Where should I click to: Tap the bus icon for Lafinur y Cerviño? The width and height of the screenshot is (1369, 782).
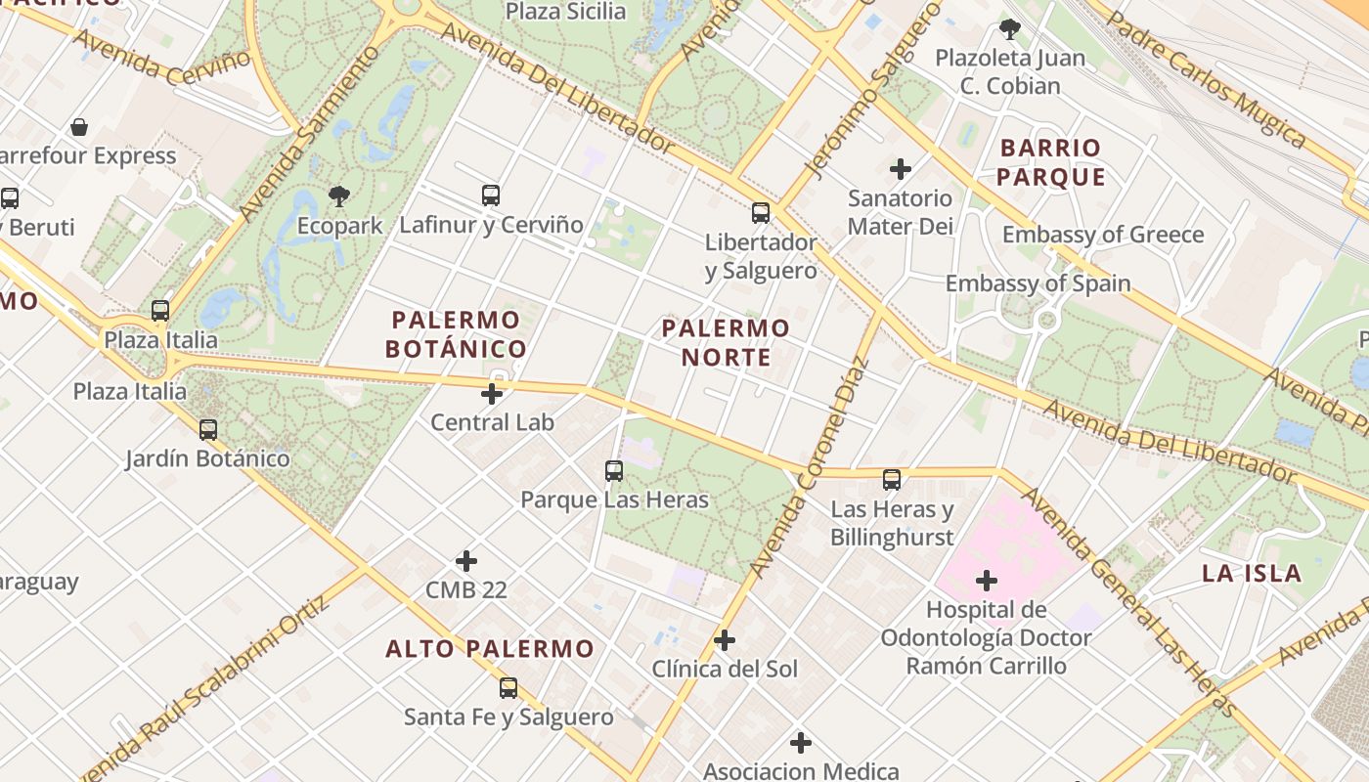[x=491, y=195]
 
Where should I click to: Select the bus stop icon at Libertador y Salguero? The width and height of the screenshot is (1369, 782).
[x=761, y=213]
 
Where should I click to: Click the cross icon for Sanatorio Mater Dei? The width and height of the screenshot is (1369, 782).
[x=901, y=169]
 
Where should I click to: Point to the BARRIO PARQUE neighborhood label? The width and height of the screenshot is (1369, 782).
[x=1051, y=163]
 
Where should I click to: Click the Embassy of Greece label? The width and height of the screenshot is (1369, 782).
[x=1102, y=235]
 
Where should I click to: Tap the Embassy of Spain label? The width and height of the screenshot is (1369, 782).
[x=1038, y=283]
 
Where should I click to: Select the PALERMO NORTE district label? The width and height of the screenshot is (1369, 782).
[x=726, y=342]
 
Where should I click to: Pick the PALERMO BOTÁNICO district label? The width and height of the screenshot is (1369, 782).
[x=456, y=334]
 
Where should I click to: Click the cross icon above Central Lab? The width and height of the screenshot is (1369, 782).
[x=492, y=394]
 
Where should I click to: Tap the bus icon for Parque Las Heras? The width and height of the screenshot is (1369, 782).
[x=614, y=471]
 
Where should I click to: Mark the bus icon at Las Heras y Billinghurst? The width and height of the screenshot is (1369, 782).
[x=892, y=480]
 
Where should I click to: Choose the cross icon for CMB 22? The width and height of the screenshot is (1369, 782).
[x=466, y=561]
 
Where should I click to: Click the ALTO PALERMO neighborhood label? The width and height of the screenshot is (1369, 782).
[x=490, y=649]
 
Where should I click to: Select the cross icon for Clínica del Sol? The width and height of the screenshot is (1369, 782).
[x=725, y=640]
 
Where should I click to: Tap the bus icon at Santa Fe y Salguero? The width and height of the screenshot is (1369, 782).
[x=508, y=688]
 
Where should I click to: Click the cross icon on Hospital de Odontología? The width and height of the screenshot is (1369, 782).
[x=987, y=582]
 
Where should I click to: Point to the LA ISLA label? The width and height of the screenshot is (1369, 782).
[x=1252, y=574]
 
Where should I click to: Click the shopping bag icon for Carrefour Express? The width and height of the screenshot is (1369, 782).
[x=79, y=127]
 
